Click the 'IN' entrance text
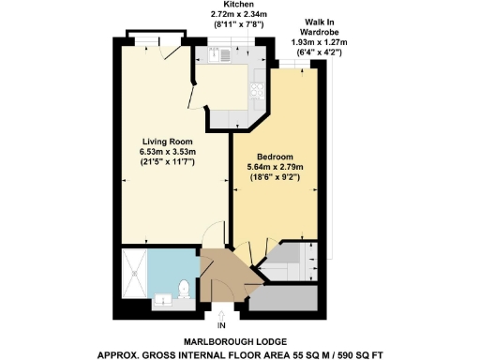pyautogui.click(x=221, y=326)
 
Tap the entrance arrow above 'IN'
pyautogui.click(x=221, y=314)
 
